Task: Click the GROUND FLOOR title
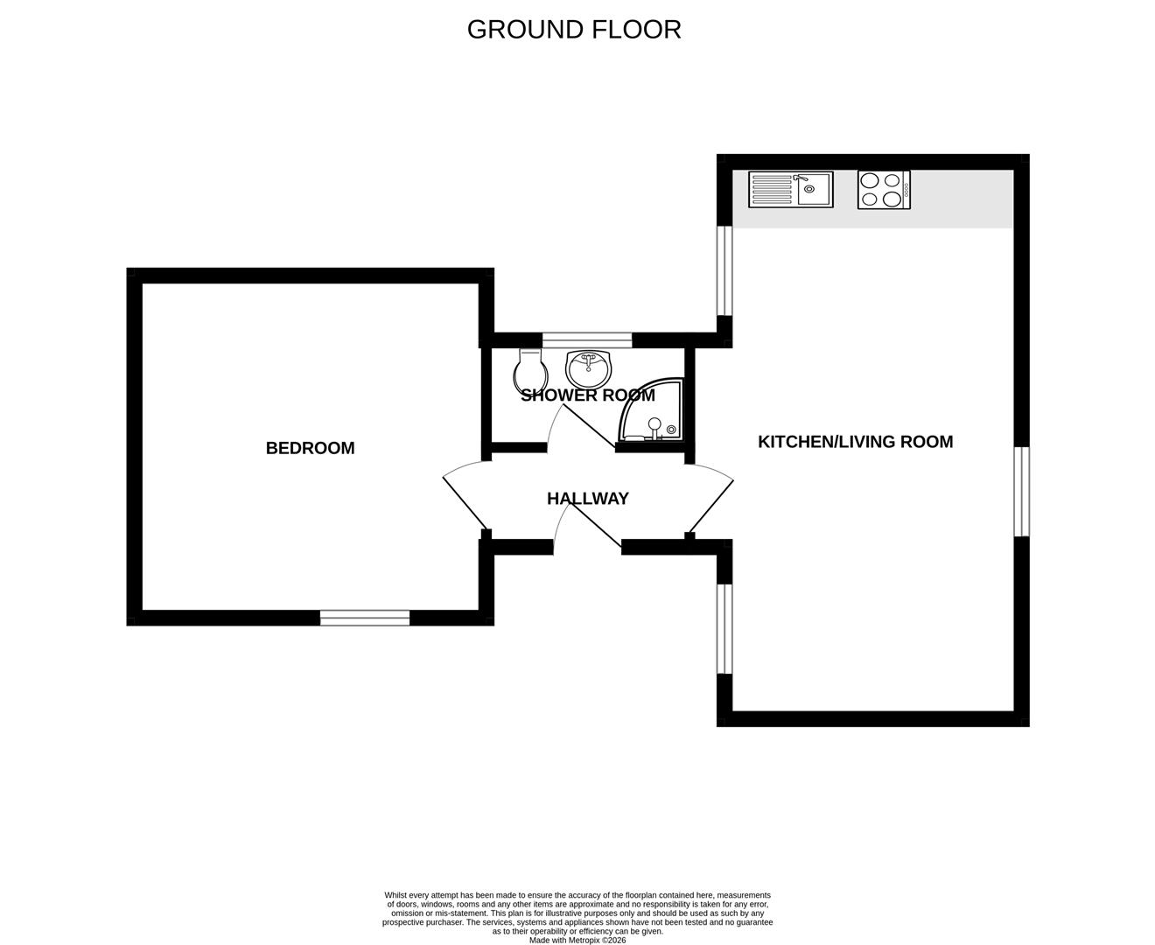click(574, 30)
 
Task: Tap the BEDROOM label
click(311, 448)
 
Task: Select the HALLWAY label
click(587, 499)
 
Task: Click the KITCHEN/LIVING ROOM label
click(855, 442)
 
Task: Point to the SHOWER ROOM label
click(587, 395)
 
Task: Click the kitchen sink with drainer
click(791, 189)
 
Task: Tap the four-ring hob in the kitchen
click(883, 190)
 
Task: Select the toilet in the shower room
click(530, 371)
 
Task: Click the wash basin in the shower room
click(589, 367)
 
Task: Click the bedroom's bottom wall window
click(365, 618)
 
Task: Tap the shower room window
click(586, 340)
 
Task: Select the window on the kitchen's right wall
click(1021, 491)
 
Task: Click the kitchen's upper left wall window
click(724, 270)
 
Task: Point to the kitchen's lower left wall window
click(724, 629)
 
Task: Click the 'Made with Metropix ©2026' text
click(577, 941)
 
